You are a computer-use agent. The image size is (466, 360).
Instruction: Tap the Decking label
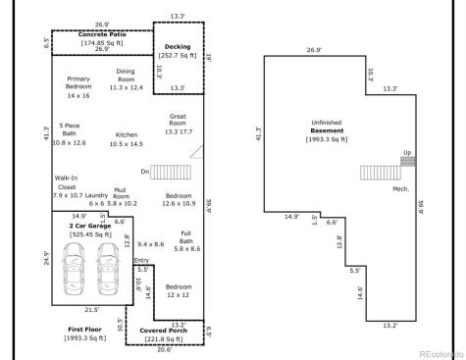point(178,46)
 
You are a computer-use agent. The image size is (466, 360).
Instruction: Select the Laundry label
point(96,195)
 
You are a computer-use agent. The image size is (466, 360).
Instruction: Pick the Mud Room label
point(122,195)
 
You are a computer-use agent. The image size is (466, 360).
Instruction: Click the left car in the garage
point(76,268)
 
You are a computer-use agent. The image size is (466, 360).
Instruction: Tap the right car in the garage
point(106,268)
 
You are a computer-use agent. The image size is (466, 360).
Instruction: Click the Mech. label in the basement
point(400,187)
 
